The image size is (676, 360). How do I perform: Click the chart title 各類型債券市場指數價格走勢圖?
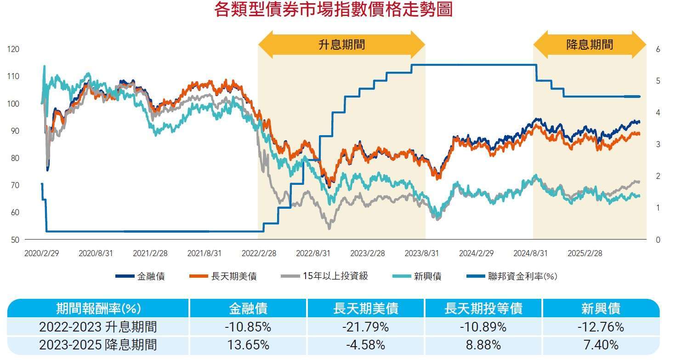333,10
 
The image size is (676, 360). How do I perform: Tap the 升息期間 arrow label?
341,45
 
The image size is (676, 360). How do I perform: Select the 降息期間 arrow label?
590,45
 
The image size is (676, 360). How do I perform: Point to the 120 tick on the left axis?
13,49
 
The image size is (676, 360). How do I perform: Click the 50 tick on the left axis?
15,240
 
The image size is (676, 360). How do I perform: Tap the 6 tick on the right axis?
658,49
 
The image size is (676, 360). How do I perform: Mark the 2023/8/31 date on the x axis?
421,253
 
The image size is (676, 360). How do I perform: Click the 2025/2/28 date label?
584,253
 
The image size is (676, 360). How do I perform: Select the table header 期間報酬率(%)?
98,308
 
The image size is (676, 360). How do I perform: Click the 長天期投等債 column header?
483,308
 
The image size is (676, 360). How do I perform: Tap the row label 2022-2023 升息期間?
98,327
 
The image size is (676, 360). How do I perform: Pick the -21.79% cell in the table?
366,327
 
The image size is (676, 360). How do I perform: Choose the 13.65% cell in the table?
248,345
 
